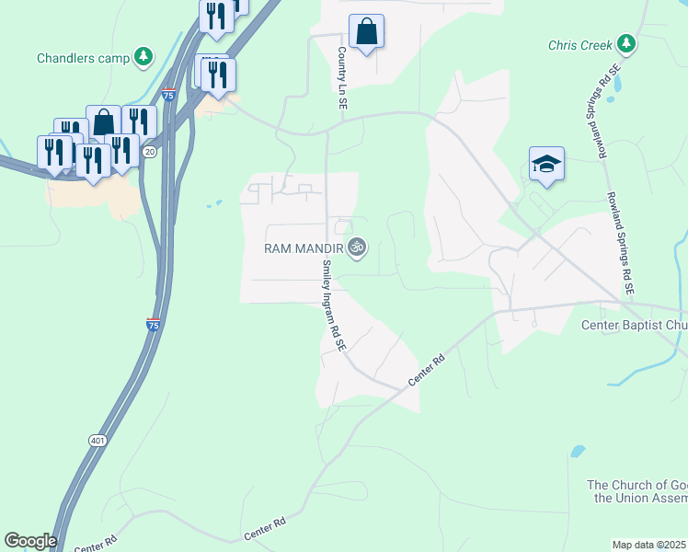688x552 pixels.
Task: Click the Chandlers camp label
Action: click(83, 58)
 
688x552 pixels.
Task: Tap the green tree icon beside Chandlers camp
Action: click(143, 57)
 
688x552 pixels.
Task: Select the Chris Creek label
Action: click(580, 44)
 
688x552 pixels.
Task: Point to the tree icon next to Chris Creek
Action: click(626, 43)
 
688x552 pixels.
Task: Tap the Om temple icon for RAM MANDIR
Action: click(357, 247)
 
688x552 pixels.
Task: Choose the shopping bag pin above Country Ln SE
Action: click(366, 32)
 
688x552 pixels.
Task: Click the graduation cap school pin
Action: click(546, 165)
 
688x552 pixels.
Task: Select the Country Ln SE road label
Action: click(342, 80)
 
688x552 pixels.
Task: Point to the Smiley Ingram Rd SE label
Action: click(333, 306)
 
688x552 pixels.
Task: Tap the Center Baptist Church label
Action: click(635, 325)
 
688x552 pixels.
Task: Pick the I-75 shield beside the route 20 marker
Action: click(167, 93)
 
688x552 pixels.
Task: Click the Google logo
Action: click(30, 541)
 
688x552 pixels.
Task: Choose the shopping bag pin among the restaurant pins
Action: click(104, 122)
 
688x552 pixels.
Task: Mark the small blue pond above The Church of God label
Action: click(577, 452)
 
